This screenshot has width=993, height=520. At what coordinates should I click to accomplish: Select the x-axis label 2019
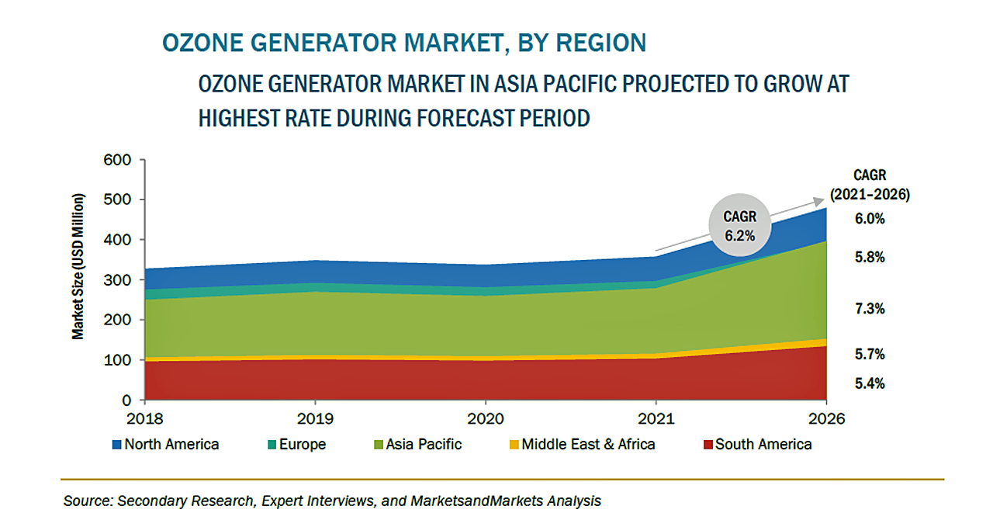point(314,420)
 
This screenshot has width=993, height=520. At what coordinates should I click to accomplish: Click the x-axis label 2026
point(826,420)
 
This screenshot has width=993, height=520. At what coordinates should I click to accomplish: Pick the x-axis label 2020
point(485,420)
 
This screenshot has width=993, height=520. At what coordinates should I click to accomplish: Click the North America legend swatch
point(117,445)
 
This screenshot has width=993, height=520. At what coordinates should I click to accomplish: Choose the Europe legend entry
point(296,445)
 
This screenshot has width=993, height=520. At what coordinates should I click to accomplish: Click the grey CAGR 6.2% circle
point(741,225)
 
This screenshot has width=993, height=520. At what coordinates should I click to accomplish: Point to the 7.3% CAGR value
point(870,309)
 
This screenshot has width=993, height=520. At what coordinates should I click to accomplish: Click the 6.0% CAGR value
point(870,219)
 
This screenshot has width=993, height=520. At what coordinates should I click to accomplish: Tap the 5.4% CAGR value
point(870,383)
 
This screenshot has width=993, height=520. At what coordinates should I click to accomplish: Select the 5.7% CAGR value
point(870,355)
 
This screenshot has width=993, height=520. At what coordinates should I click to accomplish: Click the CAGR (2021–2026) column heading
point(870,185)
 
